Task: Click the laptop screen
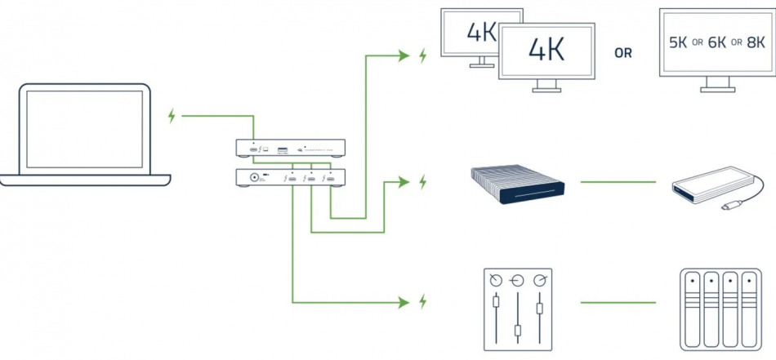tap(85, 128)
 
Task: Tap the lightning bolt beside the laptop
tap(172, 116)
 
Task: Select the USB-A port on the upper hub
tap(282, 149)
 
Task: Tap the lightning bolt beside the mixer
tap(422, 302)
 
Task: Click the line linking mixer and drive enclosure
tap(618, 302)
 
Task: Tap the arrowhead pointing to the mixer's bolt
tap(402, 302)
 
